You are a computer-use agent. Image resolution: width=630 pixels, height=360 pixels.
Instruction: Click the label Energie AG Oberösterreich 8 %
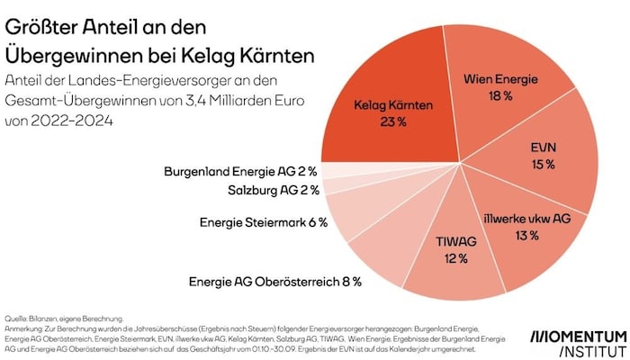(x=274, y=282)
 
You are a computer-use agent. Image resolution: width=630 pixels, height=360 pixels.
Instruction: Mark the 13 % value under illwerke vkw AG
(x=527, y=236)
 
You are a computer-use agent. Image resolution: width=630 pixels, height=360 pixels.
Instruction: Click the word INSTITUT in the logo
(x=592, y=349)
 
